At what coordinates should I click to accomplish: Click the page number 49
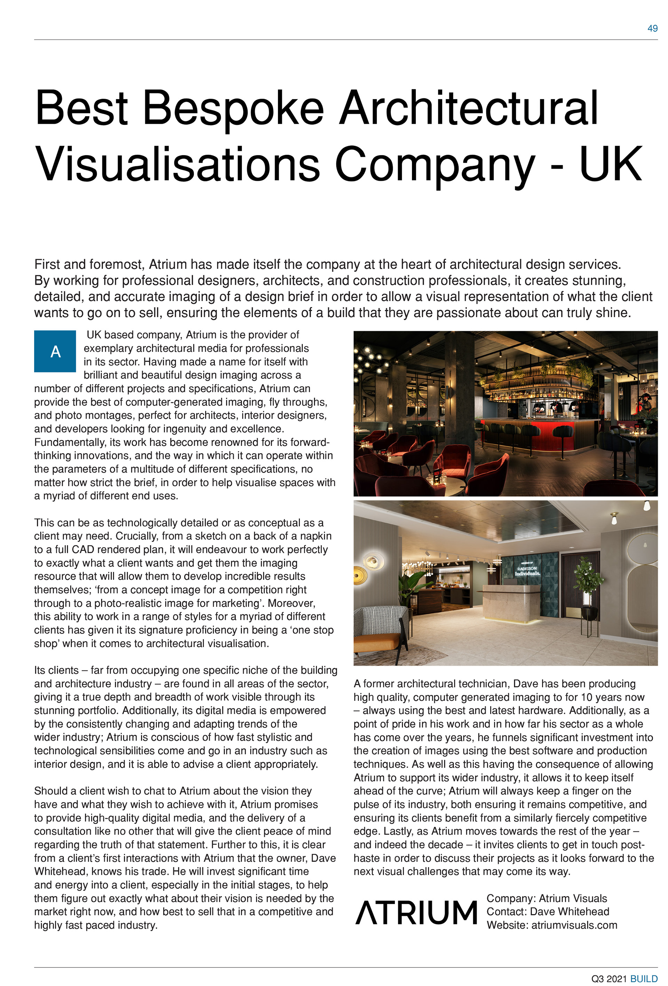coord(652,29)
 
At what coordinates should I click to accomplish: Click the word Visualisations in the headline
coord(177,164)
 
